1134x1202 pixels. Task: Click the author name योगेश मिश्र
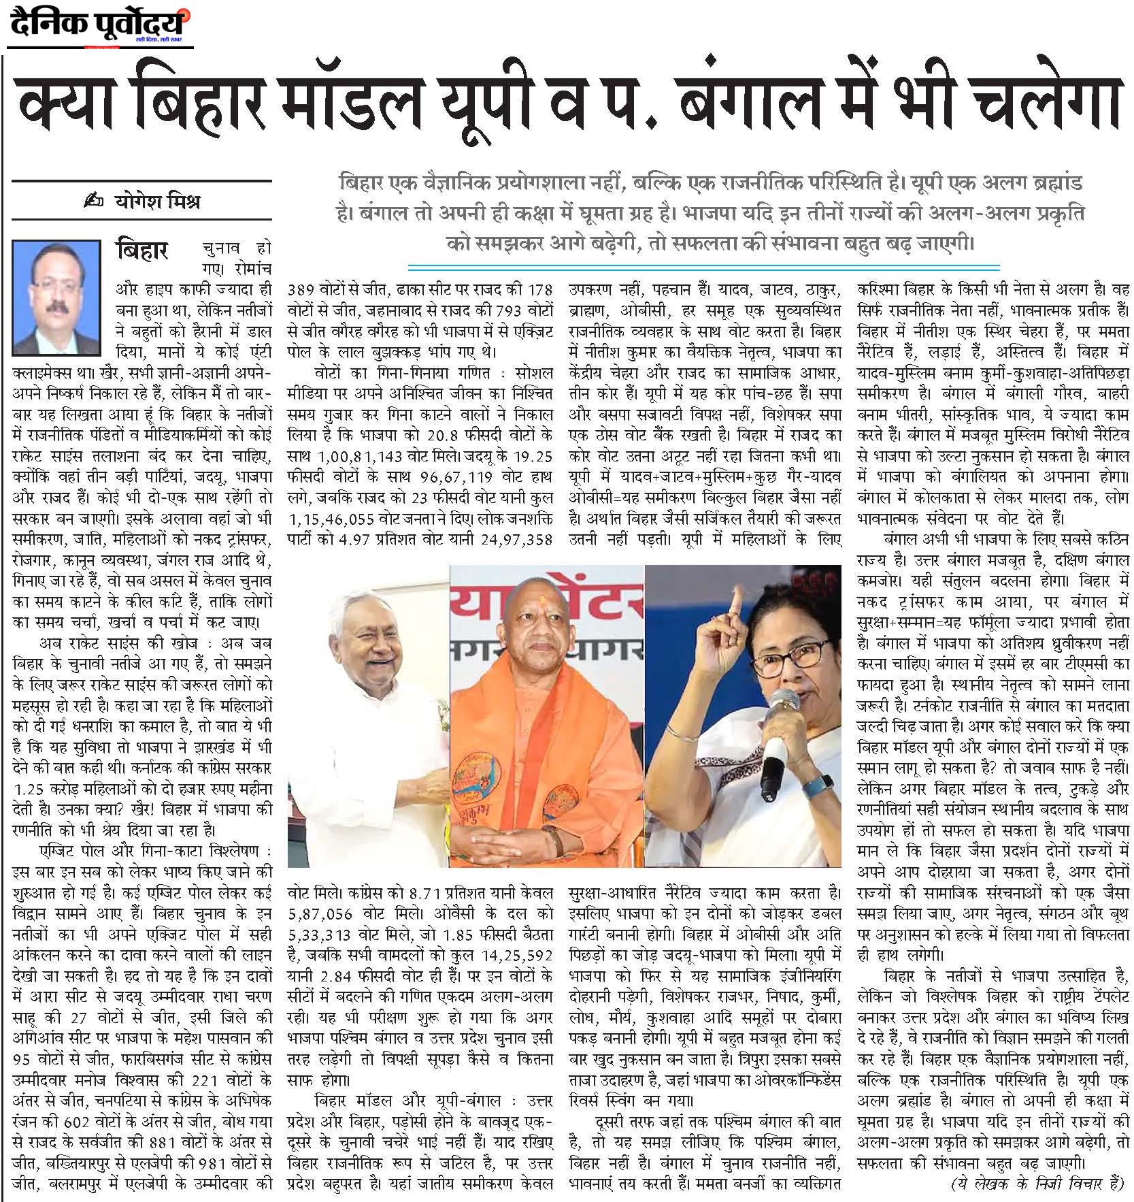tap(156, 202)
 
